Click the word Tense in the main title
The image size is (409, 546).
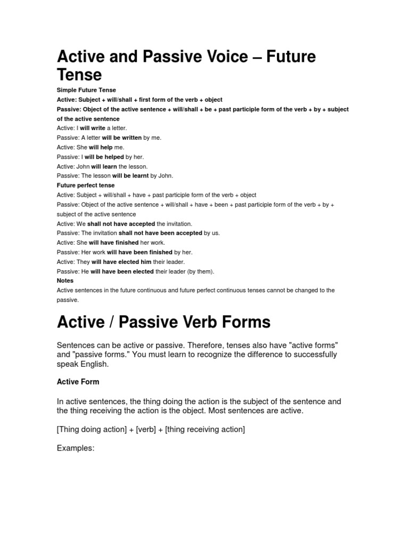(79, 74)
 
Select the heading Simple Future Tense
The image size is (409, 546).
(86, 90)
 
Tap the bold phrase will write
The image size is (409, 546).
(93, 129)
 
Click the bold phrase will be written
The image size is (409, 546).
(121, 138)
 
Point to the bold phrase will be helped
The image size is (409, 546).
(104, 157)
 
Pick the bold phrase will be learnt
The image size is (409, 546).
(130, 175)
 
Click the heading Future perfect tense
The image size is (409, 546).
(86, 186)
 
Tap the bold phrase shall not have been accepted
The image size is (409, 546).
(160, 233)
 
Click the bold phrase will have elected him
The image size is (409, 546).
(121, 262)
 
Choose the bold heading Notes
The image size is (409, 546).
(65, 280)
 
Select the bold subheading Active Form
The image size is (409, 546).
(78, 382)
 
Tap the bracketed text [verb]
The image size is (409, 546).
(146, 429)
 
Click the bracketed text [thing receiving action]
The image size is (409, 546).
(205, 429)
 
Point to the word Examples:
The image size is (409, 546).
(76, 448)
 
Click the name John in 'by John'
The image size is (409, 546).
(166, 175)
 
